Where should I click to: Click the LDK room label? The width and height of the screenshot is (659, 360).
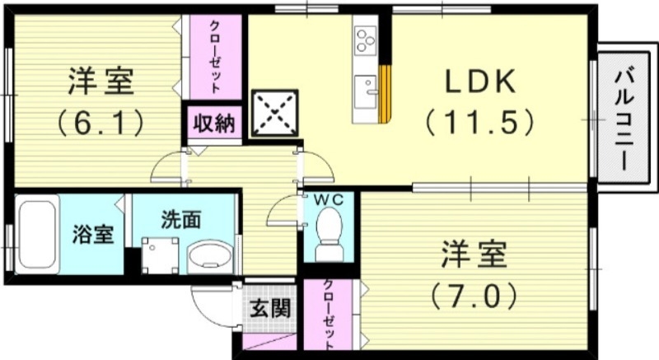pyautogui.click(x=482, y=82)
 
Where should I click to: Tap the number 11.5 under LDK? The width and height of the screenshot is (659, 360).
pyautogui.click(x=482, y=124)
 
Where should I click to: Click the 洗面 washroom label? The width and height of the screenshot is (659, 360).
pyautogui.click(x=180, y=220)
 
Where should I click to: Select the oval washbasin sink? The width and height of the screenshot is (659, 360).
pyautogui.click(x=210, y=258)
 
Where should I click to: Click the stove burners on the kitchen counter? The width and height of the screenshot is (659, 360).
pyautogui.click(x=365, y=38)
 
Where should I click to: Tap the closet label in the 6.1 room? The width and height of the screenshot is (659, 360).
pyautogui.click(x=216, y=57)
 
